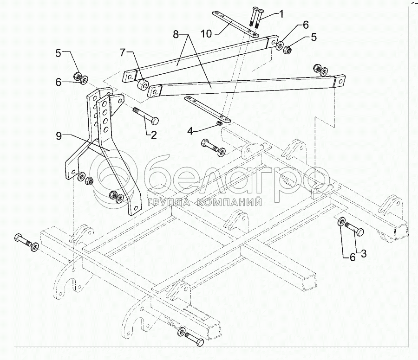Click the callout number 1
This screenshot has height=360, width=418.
(281, 14)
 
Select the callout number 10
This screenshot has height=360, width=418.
(207, 34)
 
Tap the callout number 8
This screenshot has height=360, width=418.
(176, 35)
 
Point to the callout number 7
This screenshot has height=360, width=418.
(122, 53)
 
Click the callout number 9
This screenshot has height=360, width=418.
(59, 136)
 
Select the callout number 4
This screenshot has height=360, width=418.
(190, 131)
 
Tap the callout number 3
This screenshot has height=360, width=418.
(363, 253)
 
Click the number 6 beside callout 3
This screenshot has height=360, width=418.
(353, 257)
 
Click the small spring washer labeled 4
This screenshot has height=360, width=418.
(219, 123)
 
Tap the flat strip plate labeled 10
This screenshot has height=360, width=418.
(235, 24)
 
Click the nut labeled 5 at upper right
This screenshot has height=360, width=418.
(287, 49)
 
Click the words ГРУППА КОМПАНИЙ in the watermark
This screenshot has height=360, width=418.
(204, 203)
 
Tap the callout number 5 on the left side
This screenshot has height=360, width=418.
(58, 53)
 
